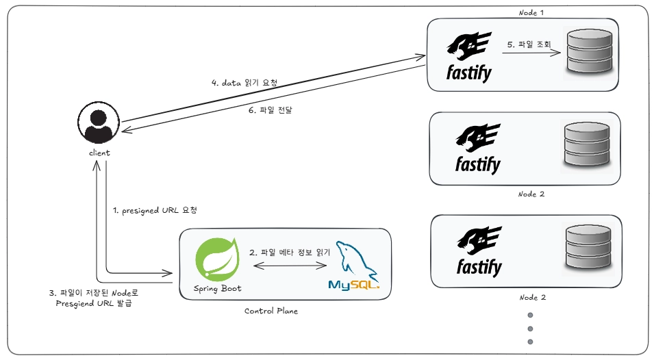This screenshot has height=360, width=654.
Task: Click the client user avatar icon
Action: click(99, 123)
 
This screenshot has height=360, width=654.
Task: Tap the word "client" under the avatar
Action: click(99, 153)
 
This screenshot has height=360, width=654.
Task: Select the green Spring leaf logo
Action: click(217, 259)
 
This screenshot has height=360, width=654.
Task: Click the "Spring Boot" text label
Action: click(217, 288)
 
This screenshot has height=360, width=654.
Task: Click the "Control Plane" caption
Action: click(271, 311)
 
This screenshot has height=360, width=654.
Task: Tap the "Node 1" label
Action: click(531, 13)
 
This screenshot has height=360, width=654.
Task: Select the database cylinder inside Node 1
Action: click(590, 51)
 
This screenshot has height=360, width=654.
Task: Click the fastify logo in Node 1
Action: click(469, 57)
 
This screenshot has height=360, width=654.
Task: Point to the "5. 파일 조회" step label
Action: click(529, 44)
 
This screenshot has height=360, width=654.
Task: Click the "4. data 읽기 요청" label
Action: click(244, 83)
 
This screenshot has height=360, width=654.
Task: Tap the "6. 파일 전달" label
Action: click(271, 110)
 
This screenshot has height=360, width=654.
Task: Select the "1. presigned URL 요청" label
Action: click(155, 210)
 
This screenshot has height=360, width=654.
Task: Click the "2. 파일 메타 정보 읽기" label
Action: click(290, 252)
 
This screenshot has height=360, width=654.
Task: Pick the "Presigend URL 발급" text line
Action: click(94, 303)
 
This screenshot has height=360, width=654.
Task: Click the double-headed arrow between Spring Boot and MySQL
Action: click(290, 266)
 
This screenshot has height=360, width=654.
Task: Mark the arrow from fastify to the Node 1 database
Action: click(531, 53)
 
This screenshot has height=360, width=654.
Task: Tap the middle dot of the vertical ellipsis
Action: click(530, 329)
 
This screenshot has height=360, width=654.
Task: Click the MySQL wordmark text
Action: click(353, 285)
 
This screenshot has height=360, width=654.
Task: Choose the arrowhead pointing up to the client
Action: click(97, 166)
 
